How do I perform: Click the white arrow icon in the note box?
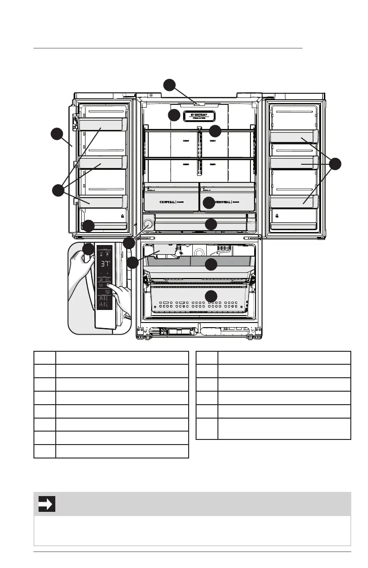47,504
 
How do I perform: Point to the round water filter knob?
148,224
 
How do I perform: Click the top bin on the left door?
103,123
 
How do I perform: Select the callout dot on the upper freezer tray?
211,265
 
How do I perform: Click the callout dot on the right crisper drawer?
209,202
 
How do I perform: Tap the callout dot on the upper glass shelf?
215,130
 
